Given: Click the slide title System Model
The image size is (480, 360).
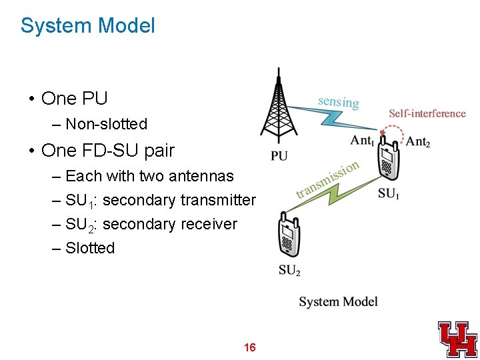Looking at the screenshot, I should pyautogui.click(x=87, y=26).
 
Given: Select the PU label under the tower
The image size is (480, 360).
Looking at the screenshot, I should pyautogui.click(x=280, y=157).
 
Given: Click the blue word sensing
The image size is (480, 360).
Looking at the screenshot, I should pyautogui.click(x=339, y=101).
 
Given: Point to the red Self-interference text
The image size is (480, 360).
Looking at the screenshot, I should pyautogui.click(x=427, y=113).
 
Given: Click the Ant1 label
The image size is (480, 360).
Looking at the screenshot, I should pyautogui.click(x=362, y=141).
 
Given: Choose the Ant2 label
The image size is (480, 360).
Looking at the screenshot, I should pyautogui.click(x=418, y=141).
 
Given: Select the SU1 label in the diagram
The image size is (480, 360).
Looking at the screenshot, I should pyautogui.click(x=389, y=194).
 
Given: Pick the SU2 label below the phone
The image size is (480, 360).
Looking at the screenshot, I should pyautogui.click(x=289, y=270).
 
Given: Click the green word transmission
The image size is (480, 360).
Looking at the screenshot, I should pyautogui.click(x=329, y=179).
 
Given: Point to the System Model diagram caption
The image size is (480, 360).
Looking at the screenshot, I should pyautogui.click(x=338, y=302).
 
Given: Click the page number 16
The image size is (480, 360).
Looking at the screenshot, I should pyautogui.click(x=250, y=347).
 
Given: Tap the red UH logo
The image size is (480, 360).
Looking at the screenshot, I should pyautogui.click(x=457, y=339).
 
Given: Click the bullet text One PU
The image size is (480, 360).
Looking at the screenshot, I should pyautogui.click(x=74, y=99).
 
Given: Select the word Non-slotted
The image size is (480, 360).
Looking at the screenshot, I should pyautogui.click(x=107, y=124).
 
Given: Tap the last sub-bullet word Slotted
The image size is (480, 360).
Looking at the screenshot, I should pyautogui.click(x=90, y=248).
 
